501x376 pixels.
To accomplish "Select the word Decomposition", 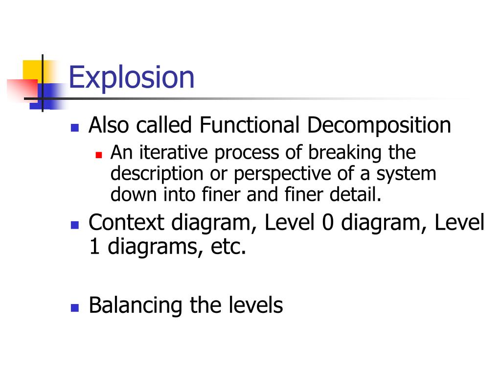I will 379,125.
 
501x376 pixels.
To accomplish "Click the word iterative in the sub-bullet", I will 169,153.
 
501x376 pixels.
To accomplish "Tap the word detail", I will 356,195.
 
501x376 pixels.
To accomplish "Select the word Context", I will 126,223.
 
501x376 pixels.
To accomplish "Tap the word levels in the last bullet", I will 255,305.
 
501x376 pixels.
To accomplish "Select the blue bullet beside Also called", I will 74,128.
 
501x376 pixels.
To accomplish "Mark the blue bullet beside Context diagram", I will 74,226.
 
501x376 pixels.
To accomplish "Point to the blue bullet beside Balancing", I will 74,308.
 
